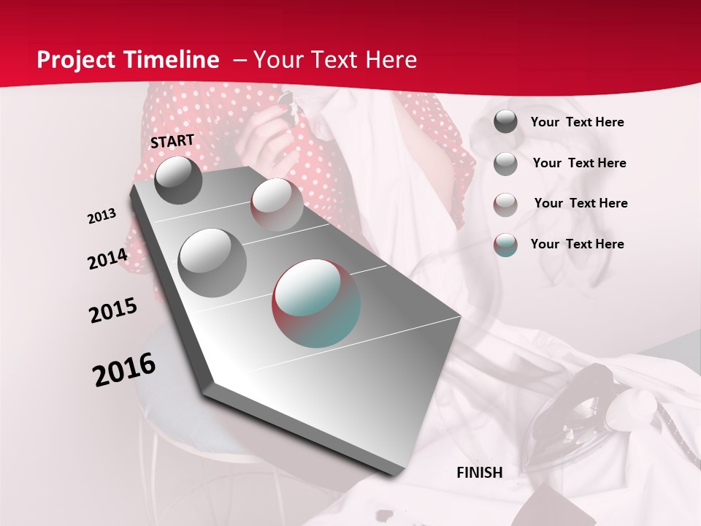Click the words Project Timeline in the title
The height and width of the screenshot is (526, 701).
tap(128, 60)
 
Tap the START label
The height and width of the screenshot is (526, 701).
tap(172, 141)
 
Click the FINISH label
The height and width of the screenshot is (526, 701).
tap(480, 473)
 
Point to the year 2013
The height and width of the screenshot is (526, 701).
tap(102, 216)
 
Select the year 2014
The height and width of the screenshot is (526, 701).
tap(107, 259)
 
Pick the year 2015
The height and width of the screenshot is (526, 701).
tap(113, 310)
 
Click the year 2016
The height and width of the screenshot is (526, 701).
tap(124, 370)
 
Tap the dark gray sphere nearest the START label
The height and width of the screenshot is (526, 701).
tap(178, 180)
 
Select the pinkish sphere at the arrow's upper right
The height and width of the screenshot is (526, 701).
tap(277, 205)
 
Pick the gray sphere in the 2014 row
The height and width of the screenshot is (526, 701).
tap(212, 262)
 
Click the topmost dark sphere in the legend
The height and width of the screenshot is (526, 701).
tap(505, 122)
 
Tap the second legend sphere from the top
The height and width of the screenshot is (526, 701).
tap(505, 164)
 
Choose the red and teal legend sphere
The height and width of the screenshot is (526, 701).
tap(505, 245)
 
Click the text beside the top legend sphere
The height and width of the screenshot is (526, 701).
tap(577, 122)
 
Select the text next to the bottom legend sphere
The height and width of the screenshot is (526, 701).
tap(577, 244)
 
